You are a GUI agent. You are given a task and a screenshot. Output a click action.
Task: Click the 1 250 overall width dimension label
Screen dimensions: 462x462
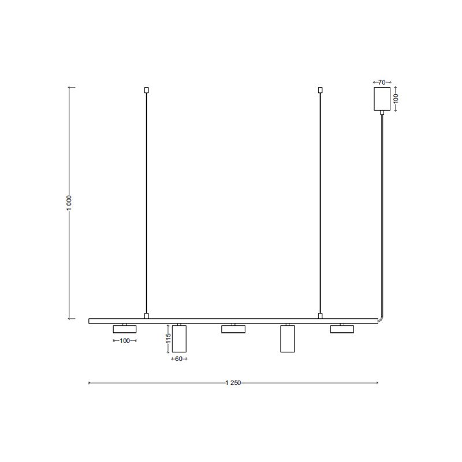[233, 383]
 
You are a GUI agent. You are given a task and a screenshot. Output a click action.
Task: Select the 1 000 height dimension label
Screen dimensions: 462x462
[69, 203]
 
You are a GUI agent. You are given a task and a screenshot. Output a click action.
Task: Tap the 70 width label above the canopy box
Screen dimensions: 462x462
[382, 83]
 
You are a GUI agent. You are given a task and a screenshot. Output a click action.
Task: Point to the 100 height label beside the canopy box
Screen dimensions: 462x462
[396, 98]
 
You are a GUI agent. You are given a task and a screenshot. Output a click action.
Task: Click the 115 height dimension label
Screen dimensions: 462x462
[168, 338]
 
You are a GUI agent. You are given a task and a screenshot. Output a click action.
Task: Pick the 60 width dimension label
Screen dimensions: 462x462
[179, 359]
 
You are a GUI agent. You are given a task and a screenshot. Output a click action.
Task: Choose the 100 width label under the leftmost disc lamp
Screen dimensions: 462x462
[125, 341]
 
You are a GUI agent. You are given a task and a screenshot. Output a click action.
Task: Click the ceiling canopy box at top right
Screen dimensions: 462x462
[382, 99]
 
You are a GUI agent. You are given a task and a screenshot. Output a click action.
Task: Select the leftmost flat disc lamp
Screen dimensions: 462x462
[125, 329]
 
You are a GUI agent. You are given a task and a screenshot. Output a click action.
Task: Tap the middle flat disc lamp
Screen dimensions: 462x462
[233, 329]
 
